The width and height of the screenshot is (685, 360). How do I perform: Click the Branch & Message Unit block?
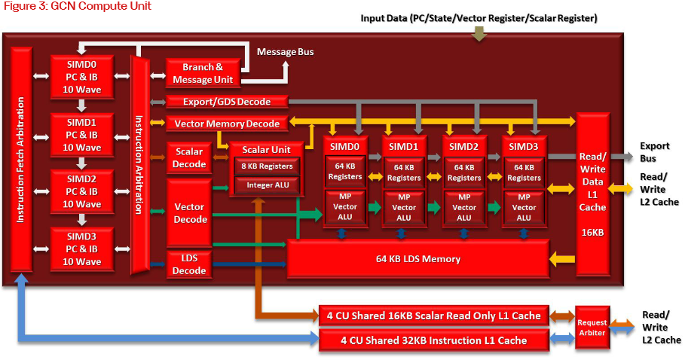pos(203,73)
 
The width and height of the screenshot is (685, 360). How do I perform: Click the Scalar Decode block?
pos(189,157)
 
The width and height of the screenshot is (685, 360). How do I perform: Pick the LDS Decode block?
pos(189,264)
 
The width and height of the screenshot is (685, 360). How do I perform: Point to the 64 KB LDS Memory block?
pos(417,259)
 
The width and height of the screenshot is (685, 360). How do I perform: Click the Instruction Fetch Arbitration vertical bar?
pos(21,163)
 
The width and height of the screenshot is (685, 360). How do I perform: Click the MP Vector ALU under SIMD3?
pos(524,207)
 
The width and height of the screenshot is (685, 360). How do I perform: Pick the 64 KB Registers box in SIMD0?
pos(344,172)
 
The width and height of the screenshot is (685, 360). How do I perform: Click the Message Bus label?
pos(285,52)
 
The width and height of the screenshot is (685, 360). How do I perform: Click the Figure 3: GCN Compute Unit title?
pos(76,7)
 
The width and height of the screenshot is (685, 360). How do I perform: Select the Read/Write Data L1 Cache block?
pos(592,194)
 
